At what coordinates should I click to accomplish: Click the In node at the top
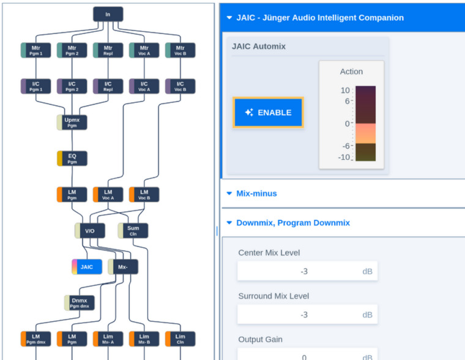coord(108,14)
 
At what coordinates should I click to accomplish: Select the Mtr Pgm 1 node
coord(36,50)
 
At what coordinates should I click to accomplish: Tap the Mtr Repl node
coord(108,50)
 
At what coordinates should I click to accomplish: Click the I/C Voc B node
coord(180,86)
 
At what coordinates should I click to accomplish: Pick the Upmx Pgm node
coord(72,122)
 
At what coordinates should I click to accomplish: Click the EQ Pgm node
coord(72,159)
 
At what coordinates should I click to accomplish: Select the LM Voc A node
coord(108,195)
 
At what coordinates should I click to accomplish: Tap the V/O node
coord(89,231)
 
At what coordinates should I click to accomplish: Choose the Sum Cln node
coord(133,231)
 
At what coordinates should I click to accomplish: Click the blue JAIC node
coord(87,267)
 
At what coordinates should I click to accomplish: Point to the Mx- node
coord(123,267)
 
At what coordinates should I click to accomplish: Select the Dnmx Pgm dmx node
coord(79,303)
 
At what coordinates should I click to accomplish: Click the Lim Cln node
coord(180,339)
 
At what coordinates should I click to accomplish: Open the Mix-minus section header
coord(256,193)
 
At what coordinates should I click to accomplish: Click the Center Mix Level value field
coord(306,271)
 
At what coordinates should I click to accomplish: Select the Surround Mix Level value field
coord(306,315)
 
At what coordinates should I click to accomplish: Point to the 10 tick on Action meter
coord(345,91)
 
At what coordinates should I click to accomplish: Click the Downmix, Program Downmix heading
coord(293,223)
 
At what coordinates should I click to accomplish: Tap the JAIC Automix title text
coord(259,47)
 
